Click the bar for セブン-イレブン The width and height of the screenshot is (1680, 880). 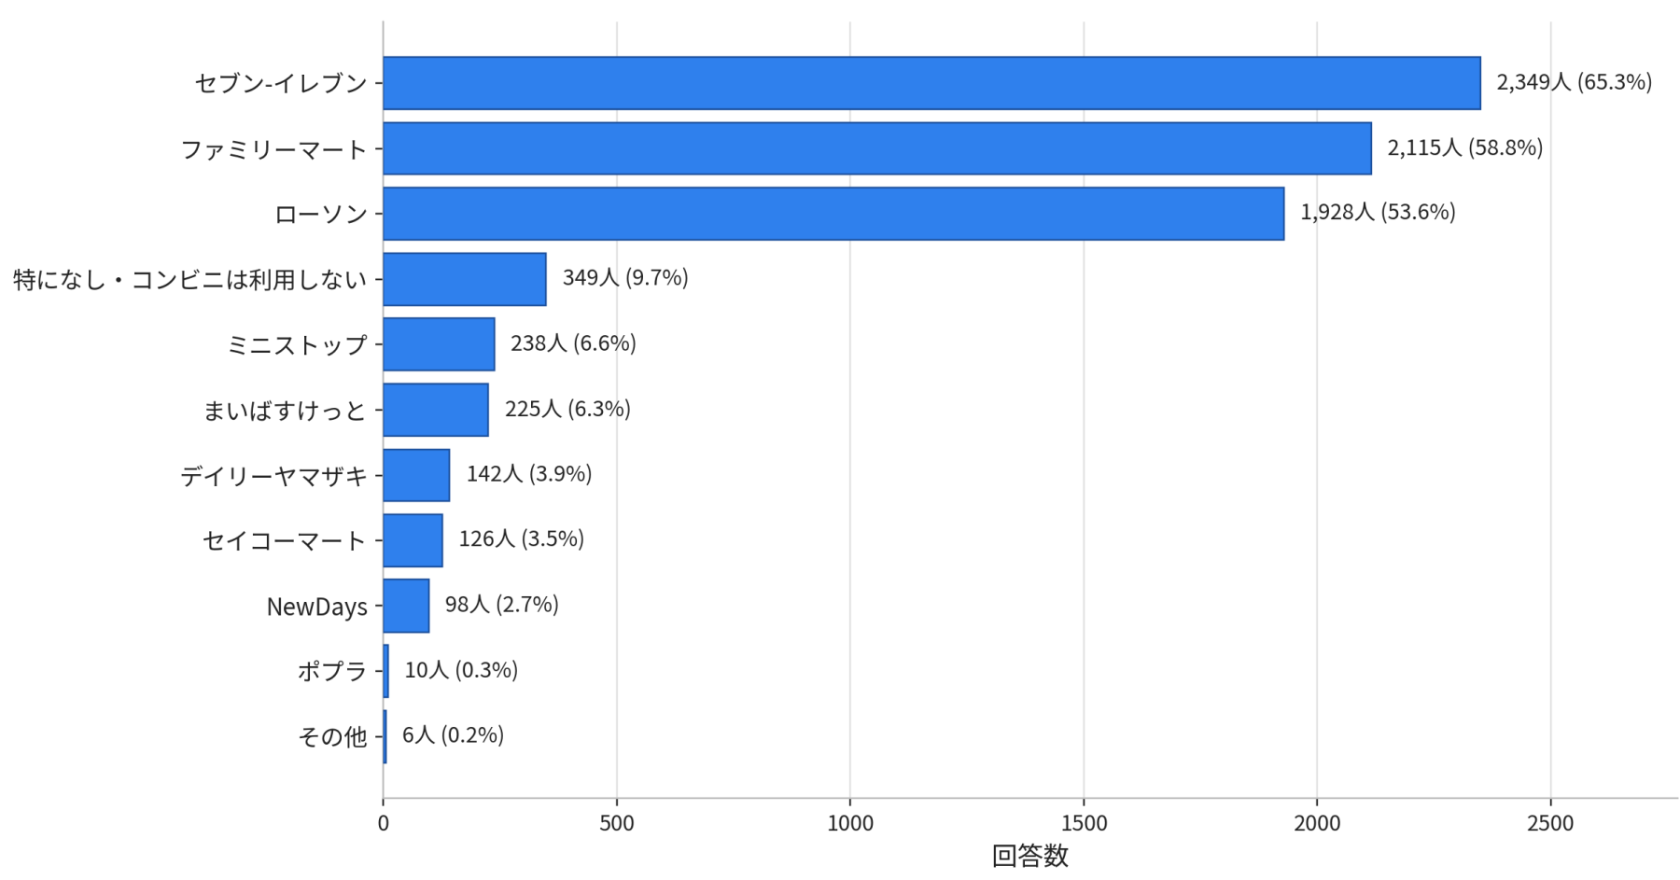click(931, 83)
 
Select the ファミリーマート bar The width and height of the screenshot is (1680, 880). click(877, 148)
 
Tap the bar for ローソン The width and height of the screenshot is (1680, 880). click(833, 214)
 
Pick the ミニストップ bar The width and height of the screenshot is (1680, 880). click(439, 344)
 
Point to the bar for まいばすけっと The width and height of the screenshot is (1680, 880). click(436, 410)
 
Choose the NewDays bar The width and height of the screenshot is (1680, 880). click(406, 606)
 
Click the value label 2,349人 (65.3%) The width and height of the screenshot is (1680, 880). click(1575, 82)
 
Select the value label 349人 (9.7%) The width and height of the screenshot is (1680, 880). click(625, 278)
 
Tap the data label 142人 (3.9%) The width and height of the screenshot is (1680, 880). click(529, 474)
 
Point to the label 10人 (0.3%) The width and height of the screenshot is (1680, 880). click(461, 670)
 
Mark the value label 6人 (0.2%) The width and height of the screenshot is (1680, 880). click(454, 735)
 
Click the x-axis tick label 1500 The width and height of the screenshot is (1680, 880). click(1084, 824)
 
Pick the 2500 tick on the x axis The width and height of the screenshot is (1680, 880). click(1550, 824)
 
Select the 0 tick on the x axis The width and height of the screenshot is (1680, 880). click(384, 824)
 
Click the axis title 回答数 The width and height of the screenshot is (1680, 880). click(1030, 856)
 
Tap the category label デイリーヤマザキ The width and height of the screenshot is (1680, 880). click(274, 476)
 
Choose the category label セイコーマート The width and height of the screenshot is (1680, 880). click(285, 541)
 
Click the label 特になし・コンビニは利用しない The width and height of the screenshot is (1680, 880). click(190, 280)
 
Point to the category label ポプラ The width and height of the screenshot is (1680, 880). click(332, 672)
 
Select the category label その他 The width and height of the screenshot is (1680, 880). click(332, 737)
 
